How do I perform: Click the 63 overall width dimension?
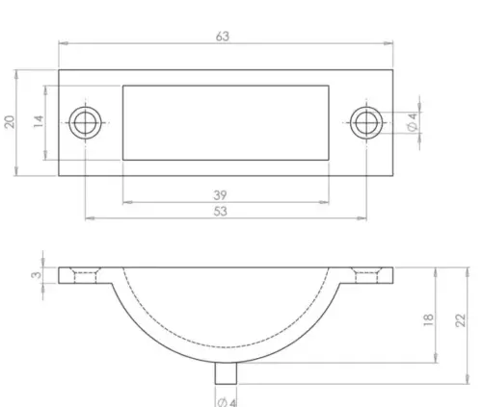(x=224, y=37)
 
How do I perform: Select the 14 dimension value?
(x=38, y=122)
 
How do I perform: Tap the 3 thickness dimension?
(x=36, y=276)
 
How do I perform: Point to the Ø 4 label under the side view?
(x=228, y=399)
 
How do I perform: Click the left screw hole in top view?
(x=86, y=121)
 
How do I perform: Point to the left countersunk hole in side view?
(x=86, y=276)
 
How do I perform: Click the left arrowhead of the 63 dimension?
(x=61, y=44)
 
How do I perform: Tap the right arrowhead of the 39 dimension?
(x=328, y=203)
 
